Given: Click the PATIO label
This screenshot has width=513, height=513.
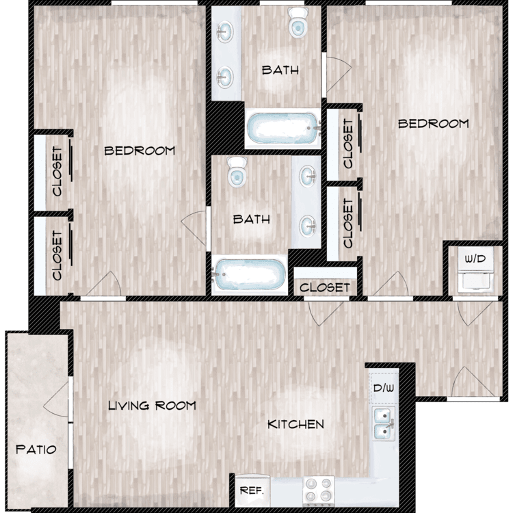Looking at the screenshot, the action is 36,449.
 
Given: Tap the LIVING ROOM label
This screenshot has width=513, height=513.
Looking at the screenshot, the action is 152,406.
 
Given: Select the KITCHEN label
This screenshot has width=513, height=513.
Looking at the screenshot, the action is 295,424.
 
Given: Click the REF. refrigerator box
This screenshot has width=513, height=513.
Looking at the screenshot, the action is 252,490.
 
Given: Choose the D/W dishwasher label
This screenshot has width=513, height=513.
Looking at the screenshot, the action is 384,389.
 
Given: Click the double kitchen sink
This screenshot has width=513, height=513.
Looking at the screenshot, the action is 384,423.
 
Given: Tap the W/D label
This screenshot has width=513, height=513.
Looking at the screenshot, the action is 475,259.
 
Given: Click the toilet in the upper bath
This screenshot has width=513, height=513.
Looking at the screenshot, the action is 298,23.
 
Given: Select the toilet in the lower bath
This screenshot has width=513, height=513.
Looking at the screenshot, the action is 237,172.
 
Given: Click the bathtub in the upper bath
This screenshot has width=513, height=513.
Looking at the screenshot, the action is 283,129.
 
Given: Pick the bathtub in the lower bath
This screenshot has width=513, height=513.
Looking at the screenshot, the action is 249,275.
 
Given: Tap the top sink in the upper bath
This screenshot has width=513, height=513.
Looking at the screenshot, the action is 225,31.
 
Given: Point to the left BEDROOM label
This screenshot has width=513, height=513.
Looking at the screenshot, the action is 140,151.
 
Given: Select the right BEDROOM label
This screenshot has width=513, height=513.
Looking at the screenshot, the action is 434,124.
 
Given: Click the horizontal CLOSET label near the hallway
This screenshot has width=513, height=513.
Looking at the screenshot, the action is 325,287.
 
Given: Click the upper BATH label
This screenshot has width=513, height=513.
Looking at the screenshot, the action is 280,70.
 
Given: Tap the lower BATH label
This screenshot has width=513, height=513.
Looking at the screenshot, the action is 252,219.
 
